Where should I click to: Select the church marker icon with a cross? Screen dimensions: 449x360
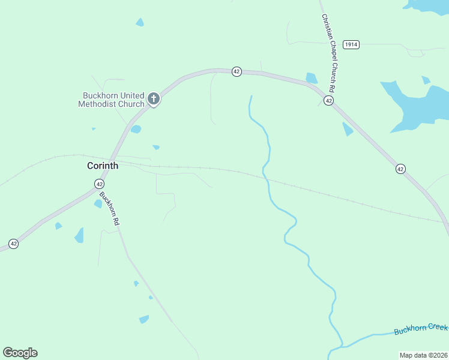point(154,98)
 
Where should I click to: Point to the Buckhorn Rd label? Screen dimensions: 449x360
point(110,209)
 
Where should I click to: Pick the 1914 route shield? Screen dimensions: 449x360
point(351,45)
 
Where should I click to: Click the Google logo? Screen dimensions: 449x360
point(20,353)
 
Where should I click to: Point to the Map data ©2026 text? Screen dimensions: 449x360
point(423,355)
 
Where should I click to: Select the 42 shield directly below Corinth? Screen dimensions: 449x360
point(99,183)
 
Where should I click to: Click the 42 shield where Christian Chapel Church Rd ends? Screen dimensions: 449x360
point(328,100)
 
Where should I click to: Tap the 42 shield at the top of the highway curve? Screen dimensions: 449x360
point(237,71)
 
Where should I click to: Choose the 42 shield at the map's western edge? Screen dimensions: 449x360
point(13,244)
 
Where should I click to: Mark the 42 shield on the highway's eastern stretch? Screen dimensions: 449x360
point(400,169)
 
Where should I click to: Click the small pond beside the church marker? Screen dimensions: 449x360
point(136,129)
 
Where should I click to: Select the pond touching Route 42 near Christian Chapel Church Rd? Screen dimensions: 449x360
point(311,79)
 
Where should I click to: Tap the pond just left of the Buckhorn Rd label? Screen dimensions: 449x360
point(98,203)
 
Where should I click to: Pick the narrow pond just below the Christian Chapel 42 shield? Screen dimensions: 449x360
point(348,129)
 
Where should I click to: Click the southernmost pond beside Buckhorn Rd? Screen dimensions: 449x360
point(144,319)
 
